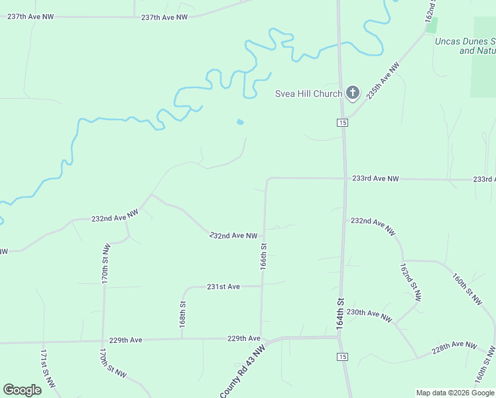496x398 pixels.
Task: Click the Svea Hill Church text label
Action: pyautogui.click(x=308, y=94)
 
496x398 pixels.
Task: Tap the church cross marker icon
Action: pyautogui.click(x=353, y=93)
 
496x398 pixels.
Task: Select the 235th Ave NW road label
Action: pyautogui.click(x=384, y=81)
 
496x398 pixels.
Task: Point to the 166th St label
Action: pyautogui.click(x=263, y=255)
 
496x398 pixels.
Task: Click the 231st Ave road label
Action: pyautogui.click(x=223, y=287)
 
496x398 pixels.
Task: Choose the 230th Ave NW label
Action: pyautogui.click(x=369, y=315)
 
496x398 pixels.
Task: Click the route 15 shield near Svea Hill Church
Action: pyautogui.click(x=341, y=123)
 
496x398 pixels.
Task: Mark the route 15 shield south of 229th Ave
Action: pyautogui.click(x=341, y=358)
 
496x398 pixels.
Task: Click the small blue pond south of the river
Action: pyautogui.click(x=239, y=122)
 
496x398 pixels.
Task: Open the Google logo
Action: pyautogui.click(x=22, y=390)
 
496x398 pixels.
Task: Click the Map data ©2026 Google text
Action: pyautogui.click(x=454, y=393)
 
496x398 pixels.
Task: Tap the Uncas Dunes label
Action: pyautogui.click(x=465, y=41)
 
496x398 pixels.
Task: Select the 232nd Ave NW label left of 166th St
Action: pyautogui.click(x=233, y=235)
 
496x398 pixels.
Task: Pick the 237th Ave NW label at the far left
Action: pyautogui.click(x=30, y=17)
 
